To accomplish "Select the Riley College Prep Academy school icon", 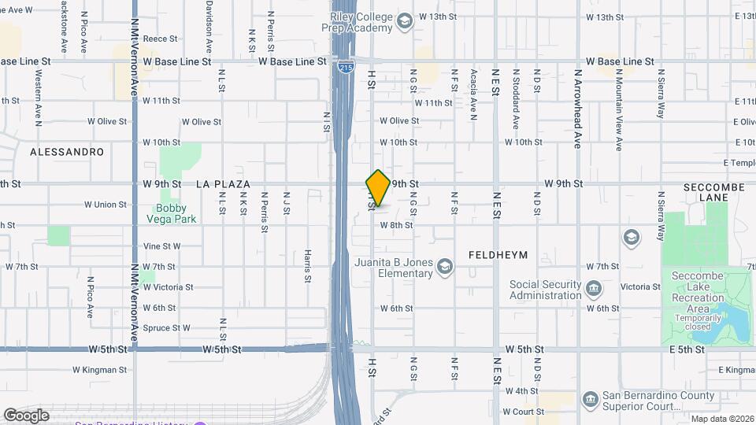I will tap(405, 20).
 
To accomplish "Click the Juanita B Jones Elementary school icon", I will tap(445, 268).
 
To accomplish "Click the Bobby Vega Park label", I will tap(176, 213).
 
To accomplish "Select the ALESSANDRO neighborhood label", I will tap(67, 151).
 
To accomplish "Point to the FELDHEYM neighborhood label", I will tap(498, 255).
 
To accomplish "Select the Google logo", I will tap(26, 415).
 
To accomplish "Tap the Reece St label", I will tap(157, 38).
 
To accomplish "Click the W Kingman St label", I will tap(99, 369).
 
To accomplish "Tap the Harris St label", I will tap(307, 265).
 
